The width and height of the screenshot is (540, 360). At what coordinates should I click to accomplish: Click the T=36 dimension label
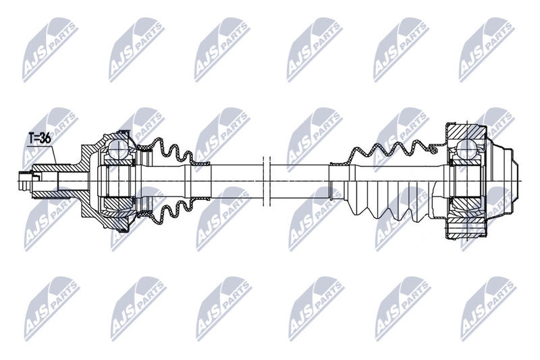40,138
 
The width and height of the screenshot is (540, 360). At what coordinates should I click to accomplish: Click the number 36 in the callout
45,138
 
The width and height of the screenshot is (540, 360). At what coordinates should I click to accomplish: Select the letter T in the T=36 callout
31,138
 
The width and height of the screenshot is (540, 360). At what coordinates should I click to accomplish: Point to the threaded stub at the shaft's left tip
26,181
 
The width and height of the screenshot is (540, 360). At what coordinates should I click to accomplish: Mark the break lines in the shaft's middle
266,181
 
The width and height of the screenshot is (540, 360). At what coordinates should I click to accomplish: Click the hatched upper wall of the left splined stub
55,168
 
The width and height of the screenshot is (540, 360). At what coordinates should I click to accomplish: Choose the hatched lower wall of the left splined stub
55,195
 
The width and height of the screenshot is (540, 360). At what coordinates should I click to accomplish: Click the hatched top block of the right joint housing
466,131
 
